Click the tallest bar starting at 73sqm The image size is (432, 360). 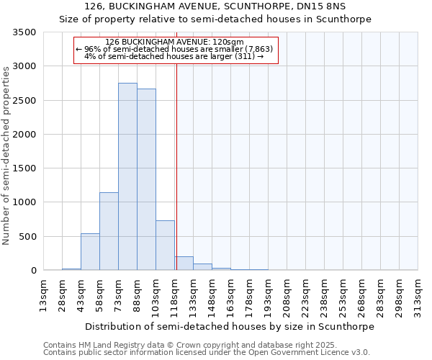pos(127,176)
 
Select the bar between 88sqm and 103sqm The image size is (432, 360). pos(146,179)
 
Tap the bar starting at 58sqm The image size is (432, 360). pos(109,231)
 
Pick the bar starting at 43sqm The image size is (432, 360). pos(90,252)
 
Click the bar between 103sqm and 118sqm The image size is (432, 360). pos(165,246)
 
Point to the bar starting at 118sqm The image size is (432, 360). pos(184,264)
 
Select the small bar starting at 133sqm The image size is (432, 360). pos(202,267)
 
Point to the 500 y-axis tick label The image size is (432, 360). pos(29,236)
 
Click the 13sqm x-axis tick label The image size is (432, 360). pos(43,293)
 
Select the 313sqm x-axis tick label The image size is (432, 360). pos(418,293)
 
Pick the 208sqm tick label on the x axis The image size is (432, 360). pos(287,293)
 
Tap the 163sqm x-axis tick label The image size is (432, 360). pos(230,293)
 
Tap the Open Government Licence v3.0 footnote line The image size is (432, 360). pos(207,353)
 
